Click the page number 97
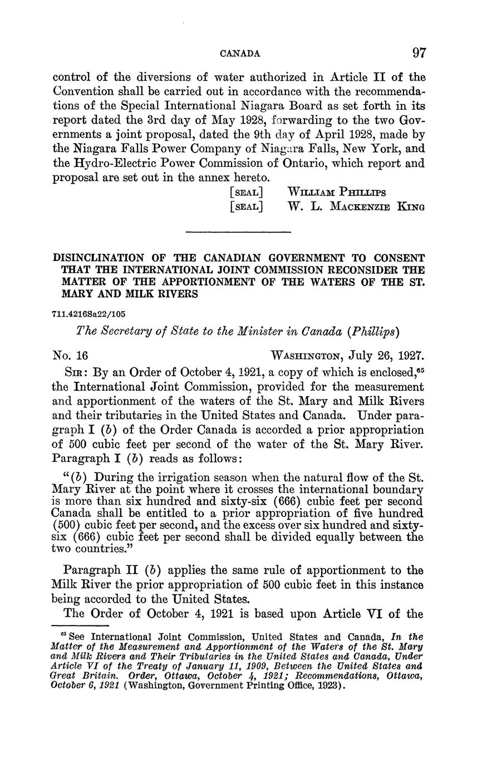click(x=419, y=53)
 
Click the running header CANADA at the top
click(x=240, y=54)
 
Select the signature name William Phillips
click(x=336, y=192)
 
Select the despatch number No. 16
click(x=71, y=355)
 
